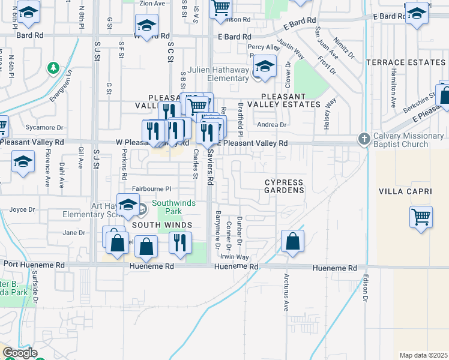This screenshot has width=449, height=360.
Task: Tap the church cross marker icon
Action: click(x=363, y=139)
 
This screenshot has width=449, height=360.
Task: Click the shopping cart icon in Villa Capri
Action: click(x=421, y=217)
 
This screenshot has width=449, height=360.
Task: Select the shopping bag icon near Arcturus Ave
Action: click(x=292, y=242)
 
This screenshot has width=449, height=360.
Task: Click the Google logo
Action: click(x=19, y=353)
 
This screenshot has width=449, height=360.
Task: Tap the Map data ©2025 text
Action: click(x=423, y=355)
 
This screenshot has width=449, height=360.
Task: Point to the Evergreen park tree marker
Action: click(x=53, y=67)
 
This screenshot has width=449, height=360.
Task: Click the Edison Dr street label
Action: click(x=365, y=288)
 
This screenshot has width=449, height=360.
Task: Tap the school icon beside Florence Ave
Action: click(x=23, y=162)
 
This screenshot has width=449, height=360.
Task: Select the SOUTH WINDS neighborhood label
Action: click(x=161, y=225)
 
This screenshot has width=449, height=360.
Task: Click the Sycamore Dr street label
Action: click(x=44, y=128)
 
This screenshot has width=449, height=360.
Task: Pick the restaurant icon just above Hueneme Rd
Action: click(x=179, y=243)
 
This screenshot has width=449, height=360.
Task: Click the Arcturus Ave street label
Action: click(x=286, y=293)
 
